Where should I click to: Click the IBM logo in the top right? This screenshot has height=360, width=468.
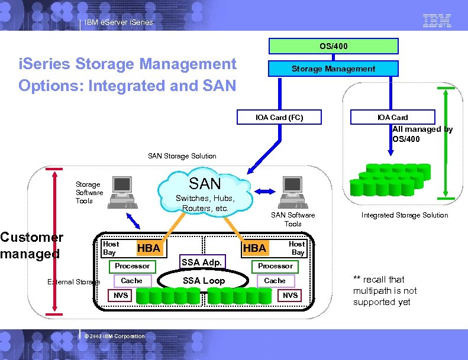(437, 21)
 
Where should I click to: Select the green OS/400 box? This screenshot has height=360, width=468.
(333, 46)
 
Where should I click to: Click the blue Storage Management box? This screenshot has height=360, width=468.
(333, 69)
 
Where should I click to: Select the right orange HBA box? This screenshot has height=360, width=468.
(255, 248)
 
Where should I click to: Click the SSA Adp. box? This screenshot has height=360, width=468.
(202, 262)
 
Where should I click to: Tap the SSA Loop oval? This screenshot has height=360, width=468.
(204, 280)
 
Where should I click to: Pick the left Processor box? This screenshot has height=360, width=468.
(132, 266)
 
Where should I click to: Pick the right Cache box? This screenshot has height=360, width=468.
(275, 281)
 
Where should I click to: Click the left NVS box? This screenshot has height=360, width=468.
(120, 295)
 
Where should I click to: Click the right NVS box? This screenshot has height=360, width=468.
(290, 295)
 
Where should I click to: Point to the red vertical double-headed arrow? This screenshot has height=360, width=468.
(54, 240)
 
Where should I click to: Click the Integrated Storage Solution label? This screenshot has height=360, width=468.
(405, 215)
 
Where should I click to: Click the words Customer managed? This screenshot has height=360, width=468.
(31, 245)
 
